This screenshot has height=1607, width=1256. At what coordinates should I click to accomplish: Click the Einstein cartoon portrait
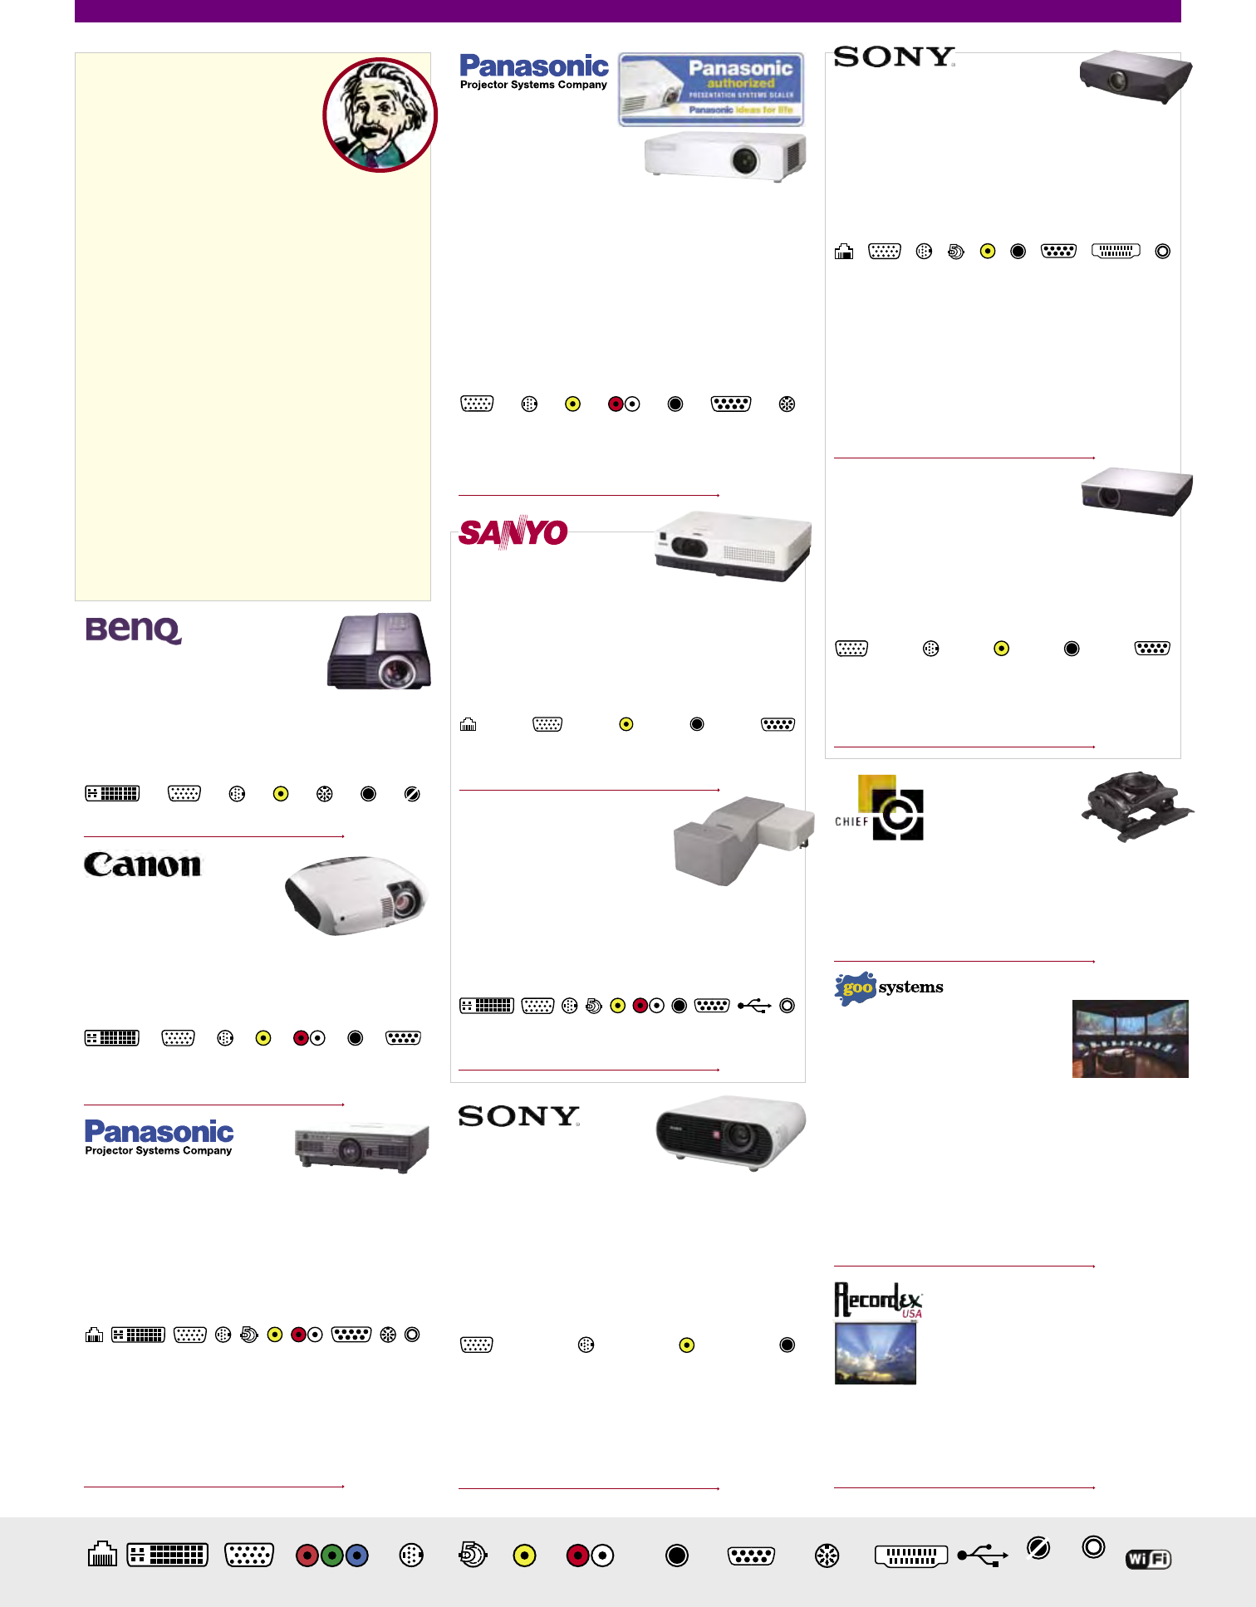pos(380,115)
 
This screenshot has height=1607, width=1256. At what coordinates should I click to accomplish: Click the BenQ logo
pos(133,630)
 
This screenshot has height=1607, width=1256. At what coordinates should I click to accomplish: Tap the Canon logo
pos(142,865)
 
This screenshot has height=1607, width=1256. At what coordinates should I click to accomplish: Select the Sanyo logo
pos(513,532)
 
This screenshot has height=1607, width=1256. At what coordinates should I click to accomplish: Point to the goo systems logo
pos(888,987)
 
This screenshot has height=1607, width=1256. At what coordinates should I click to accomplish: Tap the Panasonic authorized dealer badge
pos(710,90)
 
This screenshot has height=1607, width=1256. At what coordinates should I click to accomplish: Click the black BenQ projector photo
pos(379,652)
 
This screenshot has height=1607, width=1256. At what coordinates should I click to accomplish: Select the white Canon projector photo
pos(356,895)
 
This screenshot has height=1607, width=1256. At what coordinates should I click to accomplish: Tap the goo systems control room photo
pos(1130,1039)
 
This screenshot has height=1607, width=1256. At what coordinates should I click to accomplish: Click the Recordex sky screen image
pos(875,1353)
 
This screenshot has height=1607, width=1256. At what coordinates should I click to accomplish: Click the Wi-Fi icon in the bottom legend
pos(1148,1559)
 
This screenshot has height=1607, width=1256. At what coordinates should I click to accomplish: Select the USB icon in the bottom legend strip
pos(983,1555)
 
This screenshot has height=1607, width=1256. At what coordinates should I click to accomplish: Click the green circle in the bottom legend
pos(331,1555)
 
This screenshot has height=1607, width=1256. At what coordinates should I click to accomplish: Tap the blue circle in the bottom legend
pos(356,1555)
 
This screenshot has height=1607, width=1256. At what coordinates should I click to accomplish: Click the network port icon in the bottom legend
pos(102,1554)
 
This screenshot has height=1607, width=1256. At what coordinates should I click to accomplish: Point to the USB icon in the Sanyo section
pos(753,1006)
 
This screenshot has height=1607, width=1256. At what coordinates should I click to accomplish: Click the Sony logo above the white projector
pos(518,1116)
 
